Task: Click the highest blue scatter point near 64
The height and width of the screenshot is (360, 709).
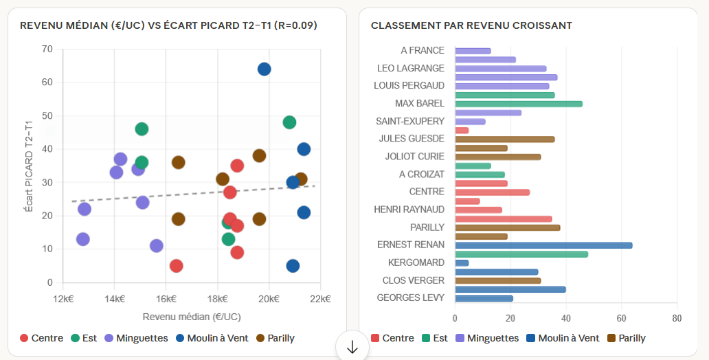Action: (264, 69)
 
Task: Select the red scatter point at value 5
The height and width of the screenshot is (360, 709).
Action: (177, 266)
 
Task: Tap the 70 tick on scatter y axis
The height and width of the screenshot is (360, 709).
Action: (47, 49)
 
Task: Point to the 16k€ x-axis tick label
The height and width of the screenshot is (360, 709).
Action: (166, 299)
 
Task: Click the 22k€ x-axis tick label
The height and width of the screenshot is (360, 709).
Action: (320, 299)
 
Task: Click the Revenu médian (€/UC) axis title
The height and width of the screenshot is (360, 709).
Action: (192, 317)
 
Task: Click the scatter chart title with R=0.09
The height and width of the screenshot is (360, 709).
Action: (168, 25)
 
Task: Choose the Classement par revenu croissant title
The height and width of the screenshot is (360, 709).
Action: (471, 25)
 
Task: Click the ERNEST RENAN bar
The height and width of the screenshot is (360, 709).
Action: (543, 245)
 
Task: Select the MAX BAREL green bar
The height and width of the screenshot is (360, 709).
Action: (518, 104)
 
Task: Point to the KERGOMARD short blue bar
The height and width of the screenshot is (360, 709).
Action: (462, 263)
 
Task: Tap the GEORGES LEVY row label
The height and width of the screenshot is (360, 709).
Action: (411, 297)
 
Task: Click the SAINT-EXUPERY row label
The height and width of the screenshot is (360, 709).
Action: (410, 121)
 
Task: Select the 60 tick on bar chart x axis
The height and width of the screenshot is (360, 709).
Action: (622, 318)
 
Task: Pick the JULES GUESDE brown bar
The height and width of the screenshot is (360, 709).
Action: (504, 139)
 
